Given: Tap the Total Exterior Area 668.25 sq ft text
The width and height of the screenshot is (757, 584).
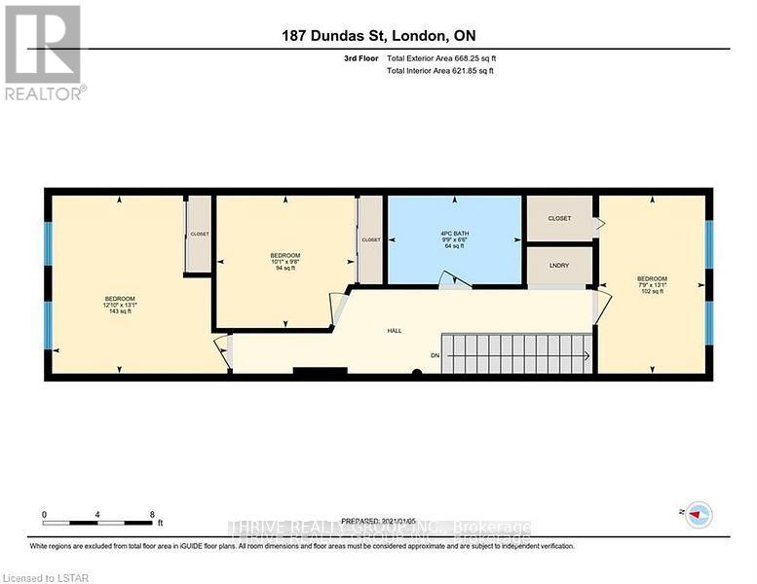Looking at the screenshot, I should [447, 58].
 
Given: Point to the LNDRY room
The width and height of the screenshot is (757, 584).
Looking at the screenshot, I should [559, 265].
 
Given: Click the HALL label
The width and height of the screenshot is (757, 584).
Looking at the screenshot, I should [395, 331].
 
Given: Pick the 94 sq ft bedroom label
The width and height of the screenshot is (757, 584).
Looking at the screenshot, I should [285, 261].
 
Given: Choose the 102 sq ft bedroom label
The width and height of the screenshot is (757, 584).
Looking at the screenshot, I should [651, 285].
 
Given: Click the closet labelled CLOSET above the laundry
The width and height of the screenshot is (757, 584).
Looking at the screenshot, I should [559, 218].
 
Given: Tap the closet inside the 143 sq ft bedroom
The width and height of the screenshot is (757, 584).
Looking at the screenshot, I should [199, 235].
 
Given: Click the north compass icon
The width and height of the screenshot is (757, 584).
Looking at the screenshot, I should [698, 515].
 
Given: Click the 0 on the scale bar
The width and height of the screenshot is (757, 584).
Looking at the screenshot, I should [44, 514].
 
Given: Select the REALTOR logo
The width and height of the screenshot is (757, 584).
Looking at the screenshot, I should [44, 53].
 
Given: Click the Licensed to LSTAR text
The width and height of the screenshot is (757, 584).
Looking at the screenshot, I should [40, 576].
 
